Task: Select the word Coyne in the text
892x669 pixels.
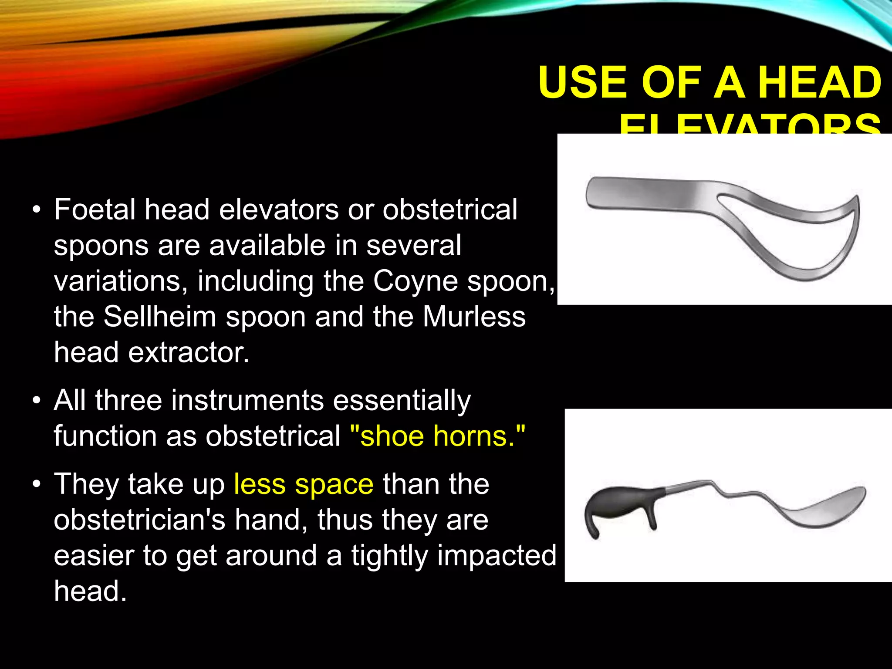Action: click(x=415, y=281)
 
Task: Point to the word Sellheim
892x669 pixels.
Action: click(x=160, y=317)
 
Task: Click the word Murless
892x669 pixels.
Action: click(x=474, y=317)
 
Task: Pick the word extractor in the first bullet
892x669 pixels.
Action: click(x=189, y=352)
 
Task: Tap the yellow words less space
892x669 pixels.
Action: click(x=304, y=484)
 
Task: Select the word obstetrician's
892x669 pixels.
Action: click(x=139, y=520)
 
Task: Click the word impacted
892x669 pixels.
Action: click(x=497, y=555)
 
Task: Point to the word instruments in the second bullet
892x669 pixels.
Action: click(x=247, y=400)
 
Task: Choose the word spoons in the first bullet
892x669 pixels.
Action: click(x=101, y=245)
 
